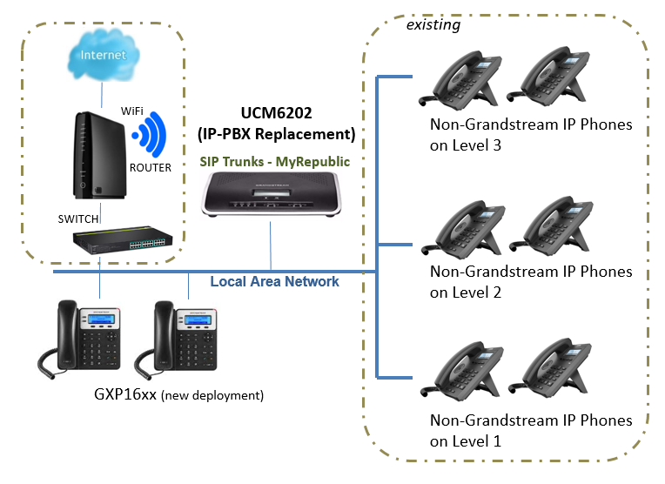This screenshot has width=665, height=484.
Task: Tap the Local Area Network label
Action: pos(274,281)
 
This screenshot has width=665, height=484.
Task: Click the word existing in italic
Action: pos(433,25)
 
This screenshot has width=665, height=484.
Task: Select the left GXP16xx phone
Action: pos(81,336)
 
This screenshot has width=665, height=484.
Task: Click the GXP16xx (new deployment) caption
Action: pos(178,394)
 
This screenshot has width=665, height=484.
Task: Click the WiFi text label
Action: pos(132,111)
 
